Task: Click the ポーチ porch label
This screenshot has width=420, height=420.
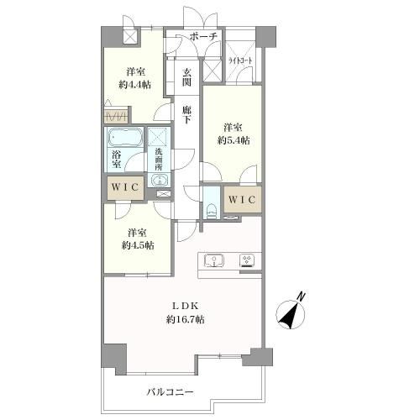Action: (x=203, y=36)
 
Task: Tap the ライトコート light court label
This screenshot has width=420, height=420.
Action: (x=240, y=60)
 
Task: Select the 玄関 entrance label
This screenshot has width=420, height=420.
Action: (x=186, y=77)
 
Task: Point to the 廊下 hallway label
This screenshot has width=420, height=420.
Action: (x=186, y=114)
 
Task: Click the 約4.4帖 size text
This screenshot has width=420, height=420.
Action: (x=135, y=84)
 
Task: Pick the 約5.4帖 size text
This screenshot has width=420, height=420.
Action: (x=234, y=140)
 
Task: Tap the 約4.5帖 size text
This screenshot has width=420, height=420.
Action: (x=138, y=245)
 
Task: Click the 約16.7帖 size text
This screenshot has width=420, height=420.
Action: (x=185, y=319)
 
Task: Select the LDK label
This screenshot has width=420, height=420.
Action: (x=185, y=306)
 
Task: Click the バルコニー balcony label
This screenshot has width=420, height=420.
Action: (x=171, y=392)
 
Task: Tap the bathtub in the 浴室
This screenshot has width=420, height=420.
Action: (x=124, y=137)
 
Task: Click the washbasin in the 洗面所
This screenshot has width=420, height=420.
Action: (x=159, y=180)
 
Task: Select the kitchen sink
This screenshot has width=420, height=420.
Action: (x=214, y=260)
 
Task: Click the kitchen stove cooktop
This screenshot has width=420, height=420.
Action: (x=247, y=260)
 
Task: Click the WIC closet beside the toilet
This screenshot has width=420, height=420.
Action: (x=243, y=200)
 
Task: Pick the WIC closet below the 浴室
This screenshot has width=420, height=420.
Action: (x=125, y=187)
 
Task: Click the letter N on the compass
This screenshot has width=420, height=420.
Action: (x=302, y=297)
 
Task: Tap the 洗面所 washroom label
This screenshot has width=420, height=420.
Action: (x=159, y=159)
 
